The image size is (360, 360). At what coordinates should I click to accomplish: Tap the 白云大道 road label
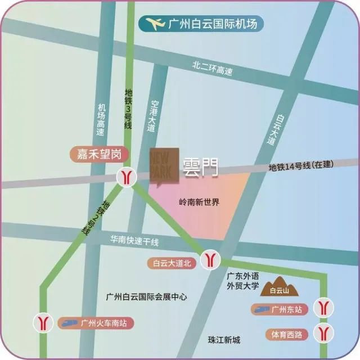coord(276,130)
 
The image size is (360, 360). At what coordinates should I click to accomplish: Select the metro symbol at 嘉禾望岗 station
coord(127,177)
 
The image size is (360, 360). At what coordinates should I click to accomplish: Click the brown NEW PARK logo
coord(164,166)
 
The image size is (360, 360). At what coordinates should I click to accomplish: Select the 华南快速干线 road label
coord(135,242)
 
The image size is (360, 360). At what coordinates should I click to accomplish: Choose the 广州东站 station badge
coord(280,309)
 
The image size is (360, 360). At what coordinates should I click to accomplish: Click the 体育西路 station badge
coord(287,335)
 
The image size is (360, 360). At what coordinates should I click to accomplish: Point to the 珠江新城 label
coord(223,340)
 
